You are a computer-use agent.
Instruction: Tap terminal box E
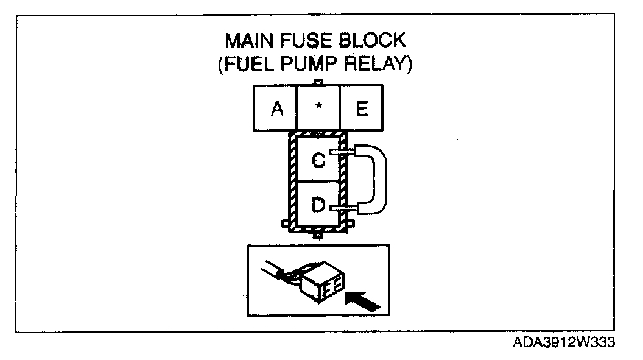(362, 108)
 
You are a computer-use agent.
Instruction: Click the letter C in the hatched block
(318, 160)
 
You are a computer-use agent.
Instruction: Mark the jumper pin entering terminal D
(342, 209)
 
